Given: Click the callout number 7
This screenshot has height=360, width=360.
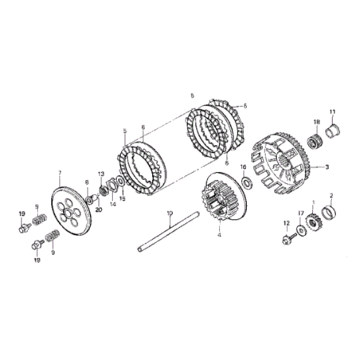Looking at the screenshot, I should point(59,172).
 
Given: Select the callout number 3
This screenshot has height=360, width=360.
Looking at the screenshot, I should point(327,168).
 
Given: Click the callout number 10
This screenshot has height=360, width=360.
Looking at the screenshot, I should point(170,213).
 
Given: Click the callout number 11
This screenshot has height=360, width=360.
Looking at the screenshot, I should point(332,110).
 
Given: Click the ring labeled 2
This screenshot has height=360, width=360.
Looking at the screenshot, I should point(332,213).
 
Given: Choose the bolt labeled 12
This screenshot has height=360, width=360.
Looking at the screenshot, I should point(284,237).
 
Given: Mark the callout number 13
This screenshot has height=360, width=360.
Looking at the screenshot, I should point(101,173).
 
